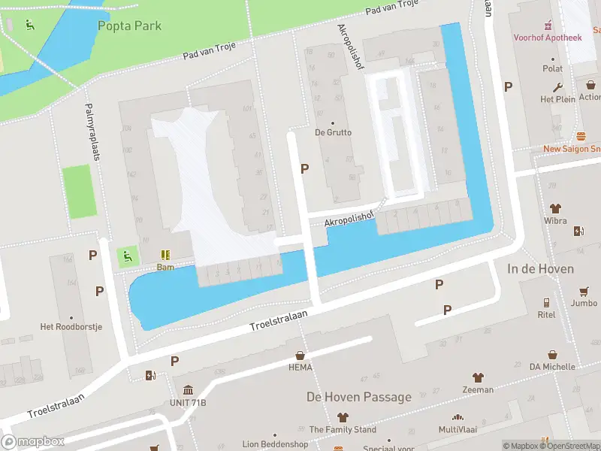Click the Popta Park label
pyautogui.click(x=129, y=26)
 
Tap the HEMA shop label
pyautogui.click(x=300, y=368)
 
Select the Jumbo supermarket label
pyautogui.click(x=584, y=304)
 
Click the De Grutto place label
pyautogui.click(x=333, y=133)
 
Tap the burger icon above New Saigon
pyautogui.click(x=581, y=137)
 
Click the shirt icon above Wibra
pyautogui.click(x=555, y=208)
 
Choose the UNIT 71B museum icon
pyautogui.click(x=188, y=390)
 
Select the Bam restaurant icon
pyautogui.click(x=165, y=255)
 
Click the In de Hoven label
pyautogui.click(x=540, y=268)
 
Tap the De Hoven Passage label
pyautogui.click(x=358, y=397)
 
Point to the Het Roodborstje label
pyautogui.click(x=71, y=327)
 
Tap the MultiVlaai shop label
pyautogui.click(x=457, y=429)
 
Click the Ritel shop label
pyautogui.click(x=546, y=315)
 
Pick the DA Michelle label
pyautogui.click(x=552, y=366)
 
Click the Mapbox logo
pyautogui.click(x=33, y=442)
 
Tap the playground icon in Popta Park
pyautogui.click(x=29, y=26)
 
